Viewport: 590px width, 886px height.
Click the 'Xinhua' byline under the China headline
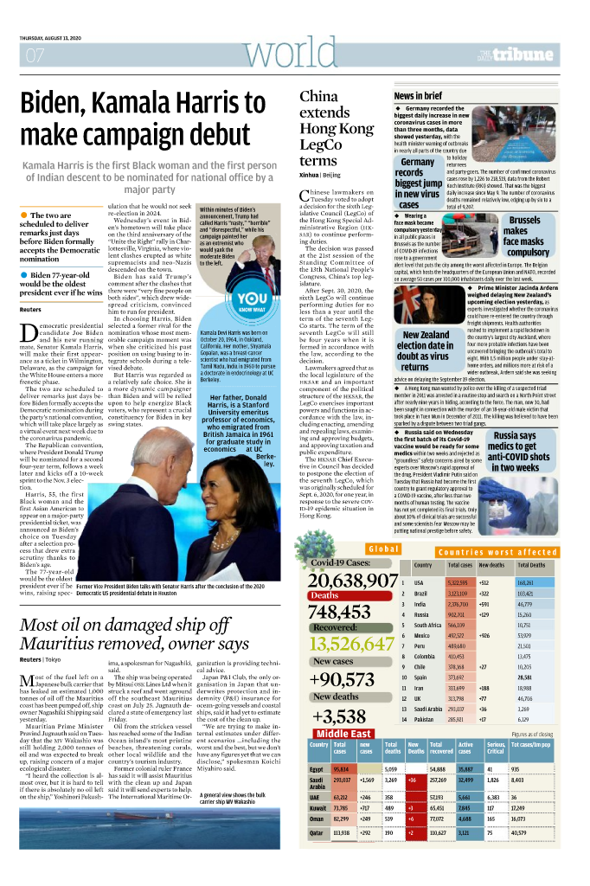[x=310, y=175]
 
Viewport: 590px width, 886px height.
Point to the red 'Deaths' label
[x=325, y=596]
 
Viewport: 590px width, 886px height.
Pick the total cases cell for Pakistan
[x=459, y=719]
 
